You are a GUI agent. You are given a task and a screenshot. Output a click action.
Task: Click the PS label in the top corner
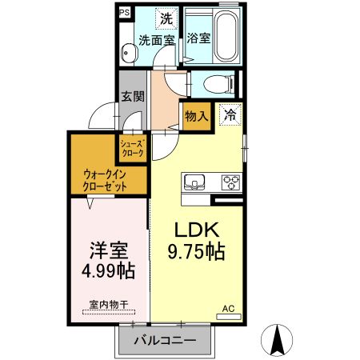coord(124,14)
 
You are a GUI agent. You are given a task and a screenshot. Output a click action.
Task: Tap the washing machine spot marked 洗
coord(165,18)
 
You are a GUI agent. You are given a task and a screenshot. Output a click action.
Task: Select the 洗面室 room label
coord(158,38)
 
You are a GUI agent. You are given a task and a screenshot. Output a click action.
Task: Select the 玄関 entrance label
coord(132,96)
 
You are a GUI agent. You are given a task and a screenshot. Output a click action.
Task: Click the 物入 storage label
coord(197,115)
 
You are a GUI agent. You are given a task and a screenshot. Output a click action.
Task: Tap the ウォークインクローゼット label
coord(105,180)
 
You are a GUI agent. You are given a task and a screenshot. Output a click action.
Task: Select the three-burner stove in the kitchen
coord(230,180)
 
